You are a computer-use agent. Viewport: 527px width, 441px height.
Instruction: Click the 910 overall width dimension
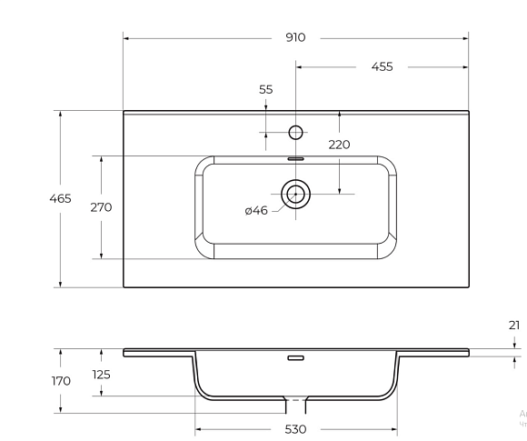[x=295, y=38]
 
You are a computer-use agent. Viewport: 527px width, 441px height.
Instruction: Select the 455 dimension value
[x=382, y=67]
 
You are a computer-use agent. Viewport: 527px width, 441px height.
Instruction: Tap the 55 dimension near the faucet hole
[x=265, y=89]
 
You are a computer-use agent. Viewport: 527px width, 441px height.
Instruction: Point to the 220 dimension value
[x=339, y=145]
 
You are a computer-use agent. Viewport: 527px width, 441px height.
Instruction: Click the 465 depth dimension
[x=61, y=199]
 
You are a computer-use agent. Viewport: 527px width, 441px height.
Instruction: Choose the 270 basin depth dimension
[x=101, y=207]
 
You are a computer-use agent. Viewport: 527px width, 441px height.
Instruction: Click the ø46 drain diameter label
[x=256, y=211]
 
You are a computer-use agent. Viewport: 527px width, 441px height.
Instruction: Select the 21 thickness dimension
[x=514, y=325]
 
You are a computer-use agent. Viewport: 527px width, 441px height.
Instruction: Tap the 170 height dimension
[x=61, y=381]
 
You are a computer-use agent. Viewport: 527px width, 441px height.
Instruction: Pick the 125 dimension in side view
[x=101, y=375]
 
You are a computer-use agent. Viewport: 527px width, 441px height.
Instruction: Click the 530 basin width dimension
[x=295, y=428]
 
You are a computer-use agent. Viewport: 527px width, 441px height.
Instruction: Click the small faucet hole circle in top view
[x=295, y=133]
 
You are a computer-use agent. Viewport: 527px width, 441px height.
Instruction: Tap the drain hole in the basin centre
[x=295, y=193]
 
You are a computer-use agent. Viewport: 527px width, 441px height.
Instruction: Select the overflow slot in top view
[x=295, y=157]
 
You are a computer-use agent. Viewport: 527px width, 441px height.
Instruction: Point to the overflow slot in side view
[x=295, y=359]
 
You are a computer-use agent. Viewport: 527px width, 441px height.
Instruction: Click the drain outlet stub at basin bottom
[x=295, y=401]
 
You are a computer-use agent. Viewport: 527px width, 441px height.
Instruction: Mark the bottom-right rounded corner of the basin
[x=389, y=254]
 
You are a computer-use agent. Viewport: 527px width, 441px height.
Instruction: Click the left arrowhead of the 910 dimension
[x=127, y=38]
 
